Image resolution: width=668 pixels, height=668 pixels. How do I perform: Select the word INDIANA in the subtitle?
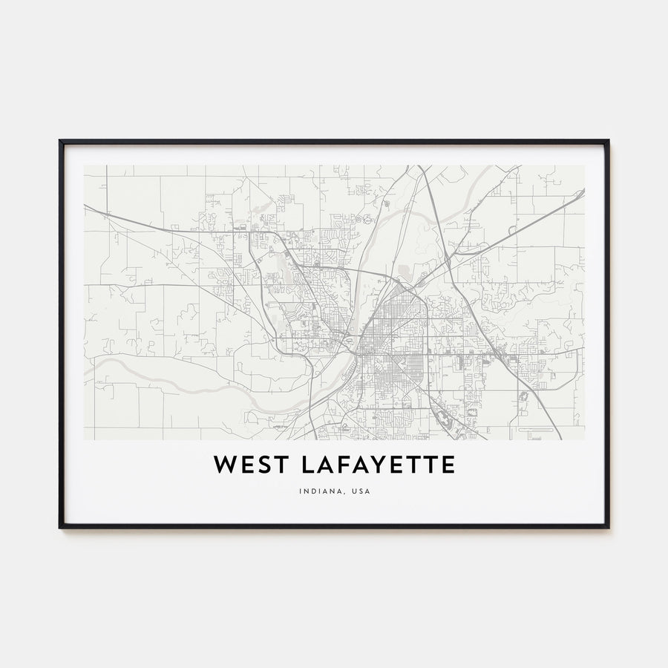pyautogui.click(x=319, y=491)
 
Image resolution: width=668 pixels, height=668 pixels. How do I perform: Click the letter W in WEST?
pyautogui.click(x=225, y=465)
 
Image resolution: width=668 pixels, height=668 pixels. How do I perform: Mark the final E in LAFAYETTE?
pyautogui.click(x=448, y=465)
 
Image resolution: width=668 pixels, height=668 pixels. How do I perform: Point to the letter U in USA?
pyautogui.click(x=354, y=491)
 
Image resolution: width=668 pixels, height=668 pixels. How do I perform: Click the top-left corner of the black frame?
pyautogui.click(x=59, y=140)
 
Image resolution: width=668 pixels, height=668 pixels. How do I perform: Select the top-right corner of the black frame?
pyautogui.click(x=609, y=140)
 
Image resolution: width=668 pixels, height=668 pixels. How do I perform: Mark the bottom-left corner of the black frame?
pyautogui.click(x=59, y=528)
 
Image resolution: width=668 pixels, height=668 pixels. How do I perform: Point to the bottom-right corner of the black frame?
pyautogui.click(x=609, y=528)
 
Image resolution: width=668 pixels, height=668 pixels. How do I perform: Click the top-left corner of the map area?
pyautogui.click(x=84, y=166)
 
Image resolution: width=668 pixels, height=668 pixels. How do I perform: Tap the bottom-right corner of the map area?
pyautogui.click(x=584, y=439)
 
